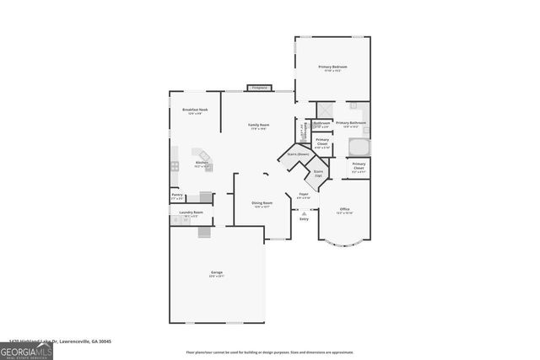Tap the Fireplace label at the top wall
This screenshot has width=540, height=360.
(x=259, y=87)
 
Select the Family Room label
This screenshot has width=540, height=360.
(x=258, y=126)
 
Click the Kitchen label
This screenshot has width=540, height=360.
(x=202, y=163)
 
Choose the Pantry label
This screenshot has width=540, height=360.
(x=177, y=196)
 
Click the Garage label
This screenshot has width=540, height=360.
(x=217, y=272)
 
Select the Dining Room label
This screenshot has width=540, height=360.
(x=262, y=203)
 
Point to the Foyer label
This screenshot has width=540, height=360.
(x=304, y=195)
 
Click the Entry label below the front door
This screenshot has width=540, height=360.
(x=304, y=218)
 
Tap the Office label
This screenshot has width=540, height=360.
(x=344, y=209)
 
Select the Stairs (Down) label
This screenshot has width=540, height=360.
(x=298, y=154)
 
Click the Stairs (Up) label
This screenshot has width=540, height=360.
(x=318, y=173)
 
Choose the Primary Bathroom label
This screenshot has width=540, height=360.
(x=350, y=124)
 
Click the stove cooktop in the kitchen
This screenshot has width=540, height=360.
(x=175, y=167)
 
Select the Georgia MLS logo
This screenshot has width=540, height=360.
(x=26, y=351)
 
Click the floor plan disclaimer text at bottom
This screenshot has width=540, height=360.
(x=270, y=352)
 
